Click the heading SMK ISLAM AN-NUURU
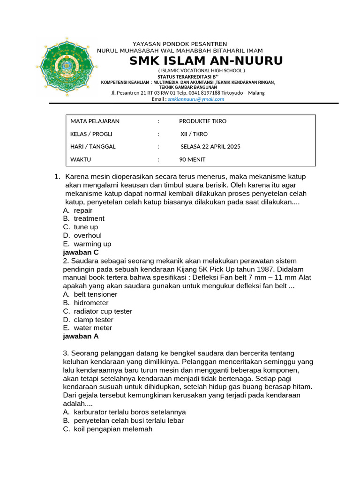click(x=206, y=61)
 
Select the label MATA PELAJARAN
click(x=95, y=121)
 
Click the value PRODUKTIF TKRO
click(x=202, y=121)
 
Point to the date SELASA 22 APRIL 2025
click(x=210, y=147)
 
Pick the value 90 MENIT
click(x=192, y=159)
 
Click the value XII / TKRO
click(x=194, y=134)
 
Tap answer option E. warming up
click(x=87, y=244)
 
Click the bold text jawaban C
click(x=81, y=252)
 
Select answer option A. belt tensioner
click(x=90, y=294)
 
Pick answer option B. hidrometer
click(x=85, y=303)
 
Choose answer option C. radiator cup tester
click(x=97, y=311)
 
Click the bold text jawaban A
click(x=81, y=336)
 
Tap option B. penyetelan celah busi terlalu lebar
click(x=123, y=420)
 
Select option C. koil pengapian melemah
click(x=107, y=429)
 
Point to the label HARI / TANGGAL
click(x=93, y=147)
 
